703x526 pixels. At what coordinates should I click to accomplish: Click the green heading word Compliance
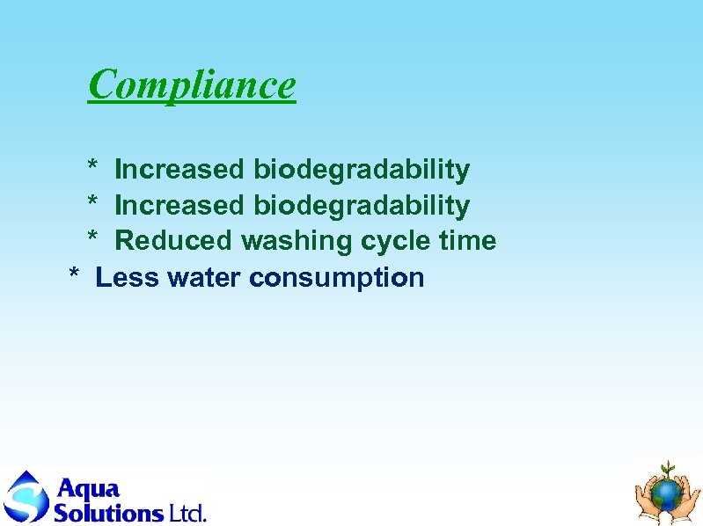click(x=192, y=84)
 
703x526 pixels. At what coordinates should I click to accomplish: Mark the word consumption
click(x=336, y=278)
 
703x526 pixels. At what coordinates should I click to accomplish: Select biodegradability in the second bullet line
click(x=362, y=206)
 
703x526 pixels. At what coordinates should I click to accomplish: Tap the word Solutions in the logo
click(x=108, y=511)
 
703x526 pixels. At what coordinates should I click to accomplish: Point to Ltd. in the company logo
click(x=187, y=511)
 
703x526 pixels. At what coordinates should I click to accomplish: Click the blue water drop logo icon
click(x=26, y=497)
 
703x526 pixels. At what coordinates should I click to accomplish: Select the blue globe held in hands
click(x=669, y=493)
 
